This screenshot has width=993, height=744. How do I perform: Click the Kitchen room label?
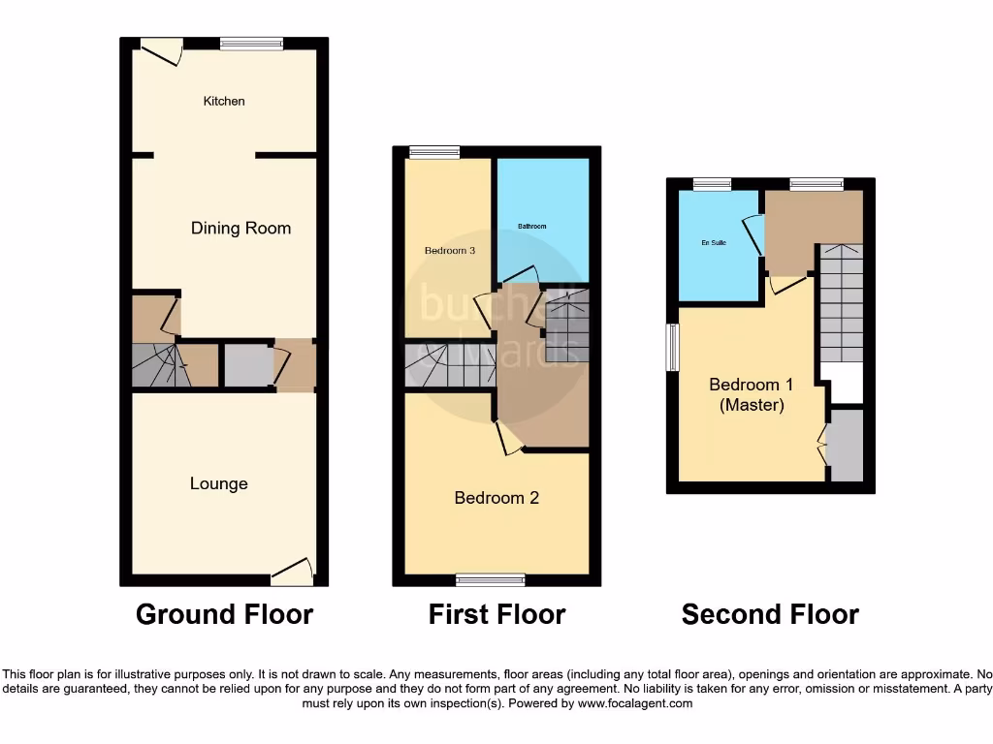coord(224,101)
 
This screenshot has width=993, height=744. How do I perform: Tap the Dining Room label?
coord(240,229)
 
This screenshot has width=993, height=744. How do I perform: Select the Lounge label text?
coord(218,483)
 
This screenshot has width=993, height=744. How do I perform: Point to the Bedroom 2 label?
coord(496,498)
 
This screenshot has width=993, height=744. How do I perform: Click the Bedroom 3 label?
coord(450,251)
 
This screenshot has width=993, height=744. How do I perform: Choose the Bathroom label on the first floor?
coord(531,227)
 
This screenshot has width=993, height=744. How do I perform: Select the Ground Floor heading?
coord(224,614)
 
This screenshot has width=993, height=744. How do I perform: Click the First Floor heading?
coord(496,614)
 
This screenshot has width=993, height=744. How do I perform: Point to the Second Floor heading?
coord(770,614)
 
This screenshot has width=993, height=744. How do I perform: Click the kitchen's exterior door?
coord(161,50)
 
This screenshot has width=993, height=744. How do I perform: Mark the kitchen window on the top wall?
coord(251,43)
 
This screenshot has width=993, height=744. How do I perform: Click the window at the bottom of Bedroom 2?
coord(490,579)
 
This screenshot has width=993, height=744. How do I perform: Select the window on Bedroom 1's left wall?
coord(672,347)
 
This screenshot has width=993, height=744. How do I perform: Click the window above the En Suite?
coord(712,184)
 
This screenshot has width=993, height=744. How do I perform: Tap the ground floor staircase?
coord(153,366)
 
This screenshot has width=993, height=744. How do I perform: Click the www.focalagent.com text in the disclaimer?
coord(635,703)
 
